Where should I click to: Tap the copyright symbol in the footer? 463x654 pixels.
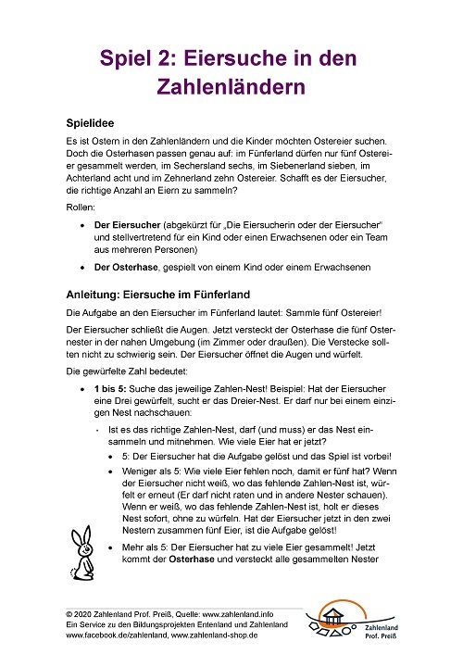(69, 613)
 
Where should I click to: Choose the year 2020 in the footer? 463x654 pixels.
(86, 613)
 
